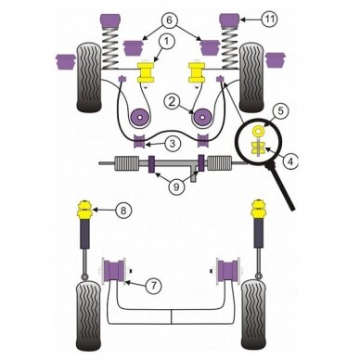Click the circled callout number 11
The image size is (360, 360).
coord(269,19)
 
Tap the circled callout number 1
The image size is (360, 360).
coord(166,42)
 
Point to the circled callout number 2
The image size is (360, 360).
coord(173,101)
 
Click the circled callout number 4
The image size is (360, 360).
coord(289,161)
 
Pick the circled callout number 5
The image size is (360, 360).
coord(280,111)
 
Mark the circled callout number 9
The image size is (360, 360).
coord(175,186)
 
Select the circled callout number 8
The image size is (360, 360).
coord(123,211)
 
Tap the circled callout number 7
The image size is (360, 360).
coord(154,286)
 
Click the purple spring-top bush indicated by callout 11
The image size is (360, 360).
coord(229,19)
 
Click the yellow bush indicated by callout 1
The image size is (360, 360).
coord(146,71)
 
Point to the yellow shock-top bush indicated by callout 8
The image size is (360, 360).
coord(84,212)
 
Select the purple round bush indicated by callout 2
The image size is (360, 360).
coord(201,118)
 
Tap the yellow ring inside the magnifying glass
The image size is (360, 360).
coord(257,132)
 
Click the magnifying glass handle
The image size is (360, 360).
coord(281,186)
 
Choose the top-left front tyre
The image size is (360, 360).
coord(88,77)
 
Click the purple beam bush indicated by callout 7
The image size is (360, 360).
coord(113,272)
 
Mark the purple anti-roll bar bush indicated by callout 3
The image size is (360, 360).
coord(139,141)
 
